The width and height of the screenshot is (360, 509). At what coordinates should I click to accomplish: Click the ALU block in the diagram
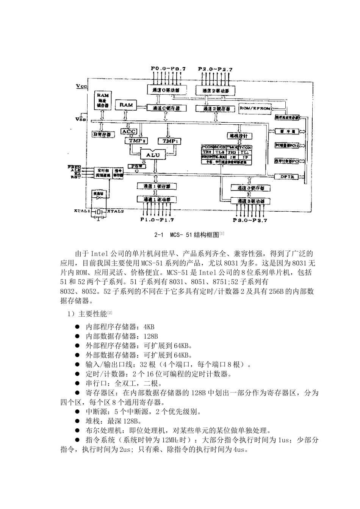[x=153, y=155]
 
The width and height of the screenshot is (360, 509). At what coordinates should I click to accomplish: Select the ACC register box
[x=128, y=131]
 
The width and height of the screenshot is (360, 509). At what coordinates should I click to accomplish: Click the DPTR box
[x=285, y=176]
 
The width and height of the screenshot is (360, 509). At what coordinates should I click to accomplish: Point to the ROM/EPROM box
[x=255, y=108]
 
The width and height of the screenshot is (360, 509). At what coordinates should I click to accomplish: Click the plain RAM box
[x=126, y=105]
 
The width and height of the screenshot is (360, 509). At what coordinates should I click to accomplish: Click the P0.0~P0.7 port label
[x=168, y=69]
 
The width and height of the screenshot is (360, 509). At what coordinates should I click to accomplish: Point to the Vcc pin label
[x=81, y=86]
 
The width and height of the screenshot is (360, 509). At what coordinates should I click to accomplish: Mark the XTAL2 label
[x=116, y=211]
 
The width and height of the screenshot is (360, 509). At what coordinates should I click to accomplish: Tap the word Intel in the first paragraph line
[x=98, y=253]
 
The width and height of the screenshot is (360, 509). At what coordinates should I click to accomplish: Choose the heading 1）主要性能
[x=87, y=314]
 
